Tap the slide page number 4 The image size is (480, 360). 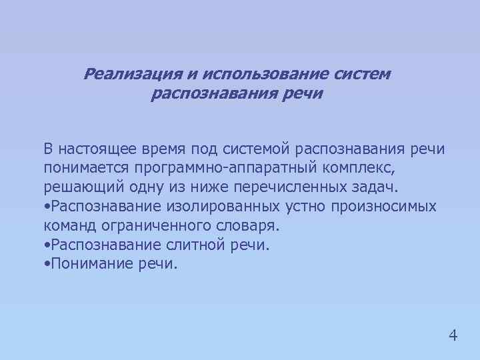point(453,334)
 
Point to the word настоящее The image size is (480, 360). point(99,148)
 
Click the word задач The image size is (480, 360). point(375,187)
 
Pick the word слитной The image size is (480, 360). point(197,245)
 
